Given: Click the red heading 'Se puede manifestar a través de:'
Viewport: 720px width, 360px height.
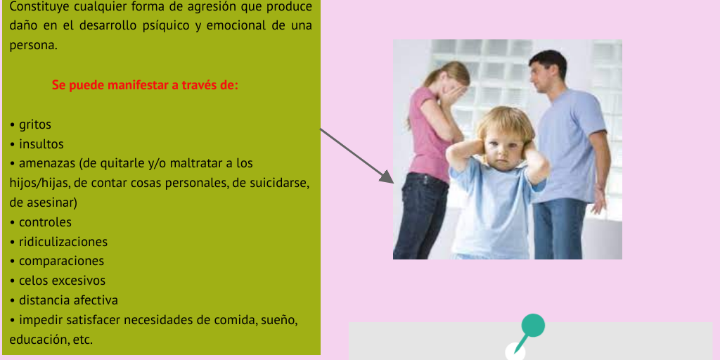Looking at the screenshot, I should coord(145,86).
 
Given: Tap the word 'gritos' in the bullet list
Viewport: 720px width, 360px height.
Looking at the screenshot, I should coord(35,125).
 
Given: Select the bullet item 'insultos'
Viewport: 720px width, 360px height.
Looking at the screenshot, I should coord(41,144).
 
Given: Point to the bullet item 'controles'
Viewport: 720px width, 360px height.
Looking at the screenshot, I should coord(45,222).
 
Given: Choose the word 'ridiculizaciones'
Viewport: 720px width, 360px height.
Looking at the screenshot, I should coord(63,242).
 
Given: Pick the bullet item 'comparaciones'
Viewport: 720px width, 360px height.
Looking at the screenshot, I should coord(61,261).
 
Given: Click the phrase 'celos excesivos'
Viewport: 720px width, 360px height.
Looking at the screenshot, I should coord(62,281).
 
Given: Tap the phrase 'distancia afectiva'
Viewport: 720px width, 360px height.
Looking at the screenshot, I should coord(68,300).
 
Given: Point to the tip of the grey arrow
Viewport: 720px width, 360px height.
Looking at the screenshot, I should coord(392,181).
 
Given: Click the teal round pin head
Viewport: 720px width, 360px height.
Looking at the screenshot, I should coord(533,326).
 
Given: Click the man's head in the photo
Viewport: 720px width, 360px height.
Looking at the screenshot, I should coord(547,70).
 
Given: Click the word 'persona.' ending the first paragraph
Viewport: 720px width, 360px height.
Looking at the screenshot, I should coord(32,46).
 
